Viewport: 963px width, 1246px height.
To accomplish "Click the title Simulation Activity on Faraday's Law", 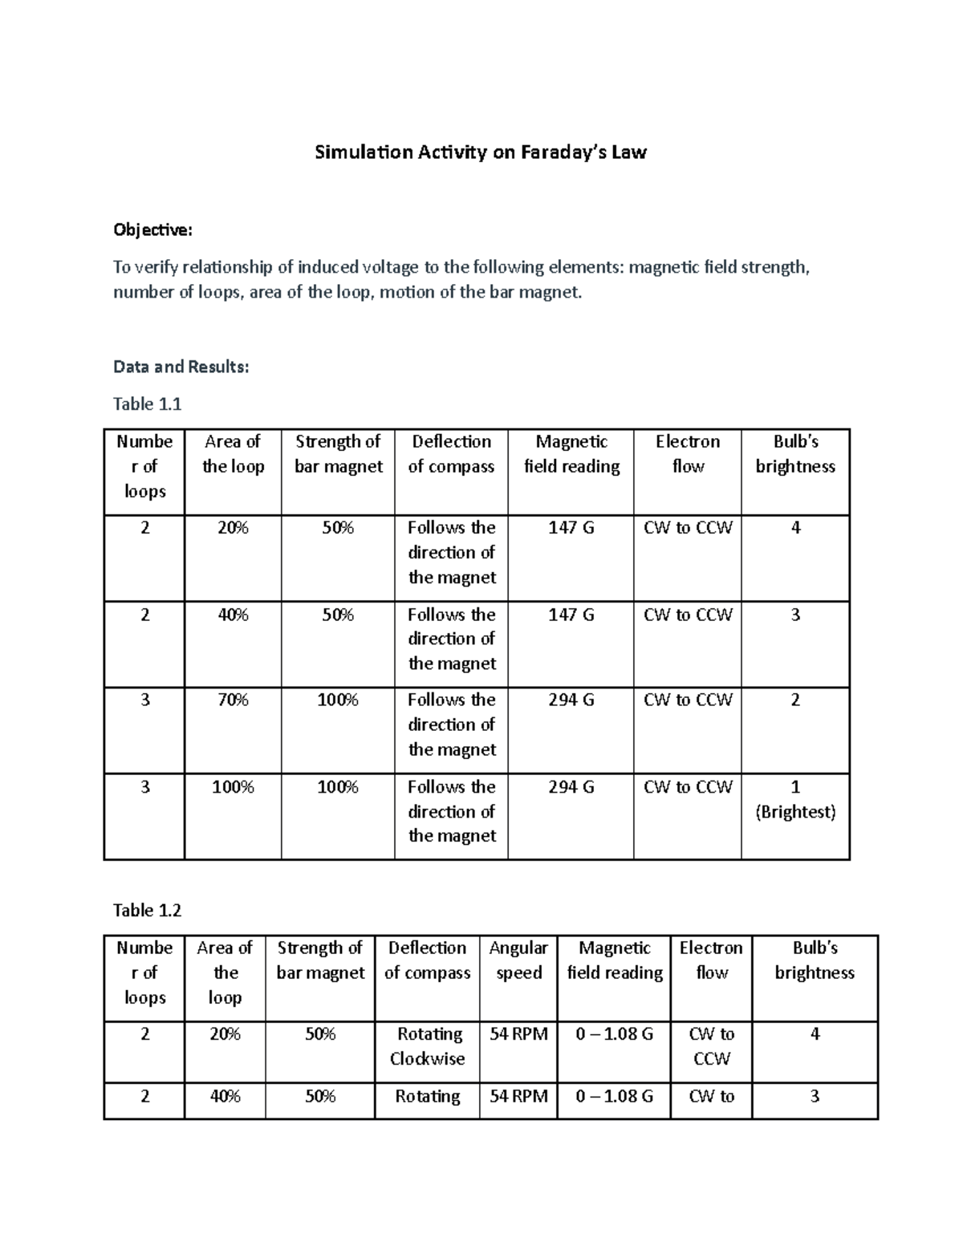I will coord(480,152).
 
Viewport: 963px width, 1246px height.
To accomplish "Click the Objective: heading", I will coord(152,230).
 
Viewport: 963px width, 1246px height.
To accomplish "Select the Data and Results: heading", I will coord(181,367).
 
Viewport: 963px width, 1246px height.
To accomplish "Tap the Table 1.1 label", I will coord(147,404).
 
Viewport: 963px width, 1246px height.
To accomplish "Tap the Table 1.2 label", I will coord(147,910).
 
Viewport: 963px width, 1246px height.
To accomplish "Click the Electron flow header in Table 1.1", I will coord(688,454).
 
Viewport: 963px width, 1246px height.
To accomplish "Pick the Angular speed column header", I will coord(518,960).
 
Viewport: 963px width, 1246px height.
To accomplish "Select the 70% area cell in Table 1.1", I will coord(233,700).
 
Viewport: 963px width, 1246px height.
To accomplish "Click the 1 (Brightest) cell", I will coord(795,799).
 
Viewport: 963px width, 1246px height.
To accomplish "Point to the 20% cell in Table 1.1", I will coord(233,528).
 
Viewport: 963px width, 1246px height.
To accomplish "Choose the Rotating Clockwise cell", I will coord(428,1046).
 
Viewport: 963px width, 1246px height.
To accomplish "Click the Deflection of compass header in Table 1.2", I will coord(428,960).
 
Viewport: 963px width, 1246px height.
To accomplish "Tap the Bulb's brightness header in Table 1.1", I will coord(795,454).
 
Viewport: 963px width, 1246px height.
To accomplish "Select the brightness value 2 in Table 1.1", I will coord(795,700).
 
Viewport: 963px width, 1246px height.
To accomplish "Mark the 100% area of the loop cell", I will coord(233,787).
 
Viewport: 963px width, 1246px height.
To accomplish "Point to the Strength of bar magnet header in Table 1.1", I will coord(338,454).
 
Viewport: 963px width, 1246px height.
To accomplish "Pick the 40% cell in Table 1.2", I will coord(225,1096).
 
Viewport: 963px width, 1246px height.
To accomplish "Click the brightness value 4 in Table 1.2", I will coord(815,1034).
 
